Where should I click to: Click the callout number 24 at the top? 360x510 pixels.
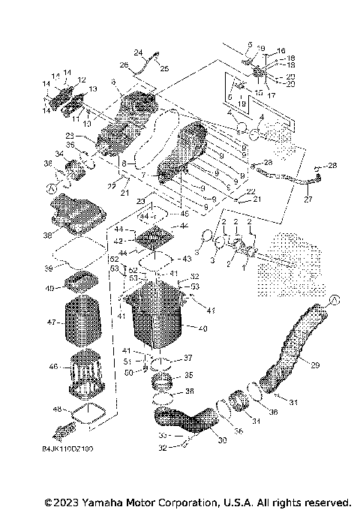click(x=137, y=52)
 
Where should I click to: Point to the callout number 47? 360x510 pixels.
click(x=51, y=322)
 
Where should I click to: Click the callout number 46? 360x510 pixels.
click(x=52, y=367)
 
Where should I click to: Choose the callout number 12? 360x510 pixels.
click(x=82, y=79)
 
